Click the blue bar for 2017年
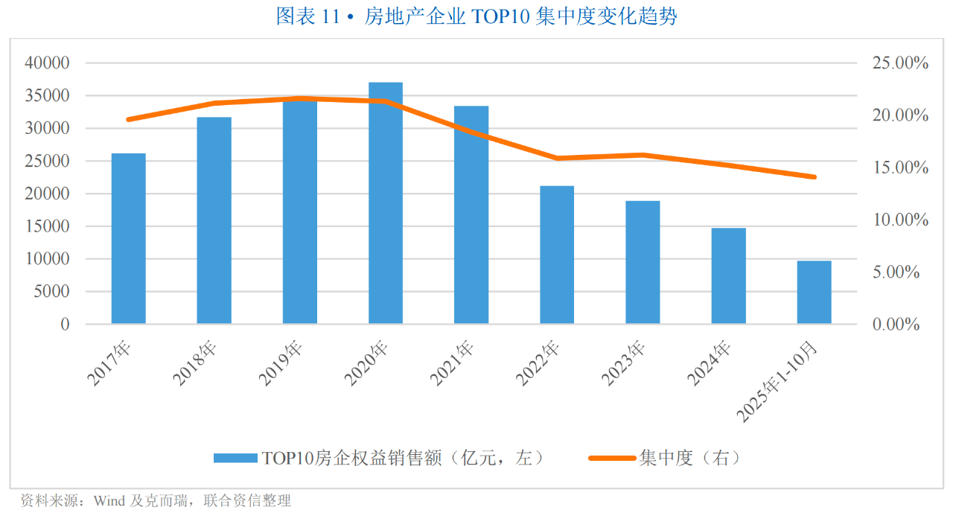point(128,238)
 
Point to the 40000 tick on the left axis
point(47,63)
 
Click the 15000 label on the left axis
point(47,226)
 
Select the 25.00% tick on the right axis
point(900,63)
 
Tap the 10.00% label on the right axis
point(900,220)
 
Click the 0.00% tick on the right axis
point(900,325)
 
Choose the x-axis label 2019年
point(281,364)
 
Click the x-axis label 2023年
point(624,364)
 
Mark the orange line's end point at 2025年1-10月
point(814,177)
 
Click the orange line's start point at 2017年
point(128,119)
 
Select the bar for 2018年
point(214,220)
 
